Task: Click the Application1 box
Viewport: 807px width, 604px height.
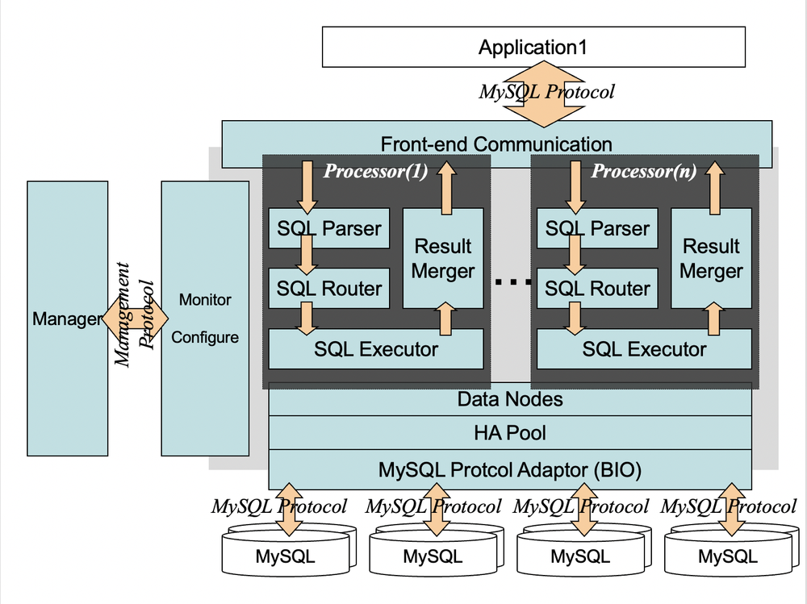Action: click(533, 47)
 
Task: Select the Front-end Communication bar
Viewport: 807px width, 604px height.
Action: click(496, 144)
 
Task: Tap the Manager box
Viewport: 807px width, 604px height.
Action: click(67, 319)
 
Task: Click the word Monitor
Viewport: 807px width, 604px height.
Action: click(205, 300)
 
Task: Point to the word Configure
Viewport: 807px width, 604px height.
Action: click(205, 337)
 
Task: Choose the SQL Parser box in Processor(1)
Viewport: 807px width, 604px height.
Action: click(328, 228)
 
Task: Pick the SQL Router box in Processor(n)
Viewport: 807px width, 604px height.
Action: click(597, 289)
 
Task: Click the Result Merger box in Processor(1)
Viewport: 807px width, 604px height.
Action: click(443, 258)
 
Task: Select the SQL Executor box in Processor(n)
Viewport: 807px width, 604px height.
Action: click(644, 349)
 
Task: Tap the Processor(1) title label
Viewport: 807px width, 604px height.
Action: click(375, 171)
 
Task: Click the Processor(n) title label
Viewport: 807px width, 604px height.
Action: click(644, 171)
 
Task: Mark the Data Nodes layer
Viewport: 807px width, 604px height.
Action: click(510, 398)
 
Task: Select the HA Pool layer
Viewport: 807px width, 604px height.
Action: click(510, 433)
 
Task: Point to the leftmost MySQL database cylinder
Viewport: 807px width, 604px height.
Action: click(286, 555)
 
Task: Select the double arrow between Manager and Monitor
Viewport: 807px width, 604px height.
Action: click(135, 318)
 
